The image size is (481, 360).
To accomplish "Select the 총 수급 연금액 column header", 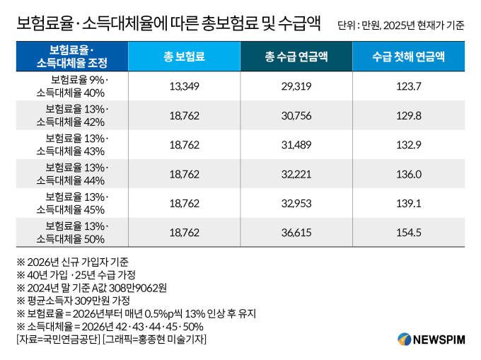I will [296, 56].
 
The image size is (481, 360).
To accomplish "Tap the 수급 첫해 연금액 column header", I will [409, 56].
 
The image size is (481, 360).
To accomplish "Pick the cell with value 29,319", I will [296, 86].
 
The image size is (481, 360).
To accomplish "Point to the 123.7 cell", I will [409, 86].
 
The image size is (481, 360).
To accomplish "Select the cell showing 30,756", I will [296, 115].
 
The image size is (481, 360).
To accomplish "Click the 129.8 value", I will [409, 115].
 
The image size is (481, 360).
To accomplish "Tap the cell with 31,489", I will [296, 144].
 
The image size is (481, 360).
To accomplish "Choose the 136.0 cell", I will [409, 174].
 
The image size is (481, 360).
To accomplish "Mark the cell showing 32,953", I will [296, 203].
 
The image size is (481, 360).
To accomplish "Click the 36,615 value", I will [296, 232].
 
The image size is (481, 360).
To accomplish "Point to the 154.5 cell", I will [409, 232].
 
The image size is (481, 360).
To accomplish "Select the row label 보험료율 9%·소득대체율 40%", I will [72, 86].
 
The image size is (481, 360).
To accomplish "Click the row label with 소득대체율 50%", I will [72, 232].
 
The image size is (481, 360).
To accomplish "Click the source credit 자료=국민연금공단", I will [57, 339].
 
